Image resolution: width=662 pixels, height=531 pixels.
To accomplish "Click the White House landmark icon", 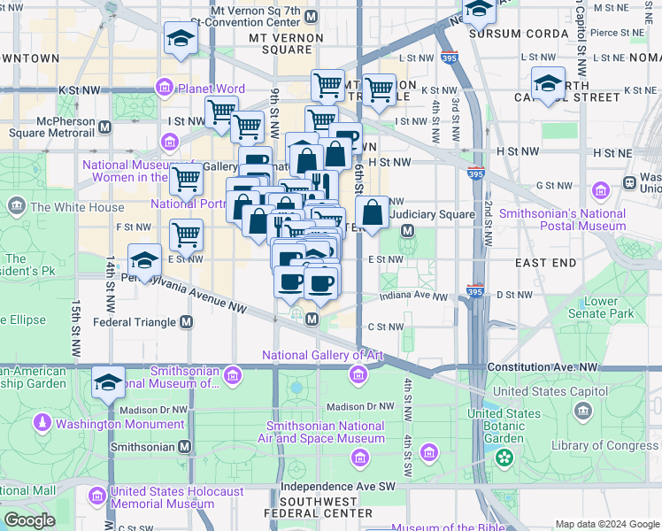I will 16,207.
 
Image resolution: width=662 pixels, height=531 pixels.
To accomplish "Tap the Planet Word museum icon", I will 165,88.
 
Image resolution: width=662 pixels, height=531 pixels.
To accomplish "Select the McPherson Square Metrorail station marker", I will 105,127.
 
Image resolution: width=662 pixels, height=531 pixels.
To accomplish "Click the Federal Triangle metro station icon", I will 186,322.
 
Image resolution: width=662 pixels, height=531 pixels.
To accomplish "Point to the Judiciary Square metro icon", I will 408,231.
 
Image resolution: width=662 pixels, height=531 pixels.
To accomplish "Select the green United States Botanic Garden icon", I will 504,458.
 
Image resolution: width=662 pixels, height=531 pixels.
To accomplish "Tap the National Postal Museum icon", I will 602,191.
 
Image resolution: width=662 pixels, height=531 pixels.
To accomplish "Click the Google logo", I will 29,519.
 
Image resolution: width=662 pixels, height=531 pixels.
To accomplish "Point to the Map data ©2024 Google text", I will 605,524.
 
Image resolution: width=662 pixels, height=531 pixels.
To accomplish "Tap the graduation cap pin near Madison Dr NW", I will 108,382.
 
